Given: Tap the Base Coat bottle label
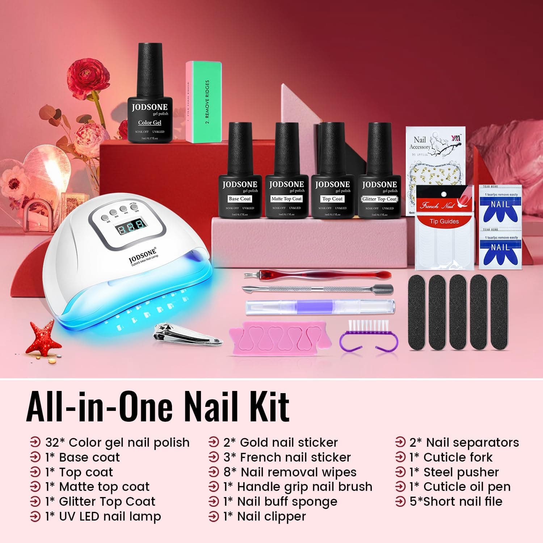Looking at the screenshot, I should (x=240, y=199).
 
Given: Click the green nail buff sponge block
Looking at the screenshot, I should (x=204, y=102).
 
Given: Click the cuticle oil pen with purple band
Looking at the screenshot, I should (x=320, y=307).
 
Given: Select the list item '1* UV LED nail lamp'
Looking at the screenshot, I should (x=103, y=517).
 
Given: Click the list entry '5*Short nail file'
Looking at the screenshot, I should (x=456, y=502).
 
